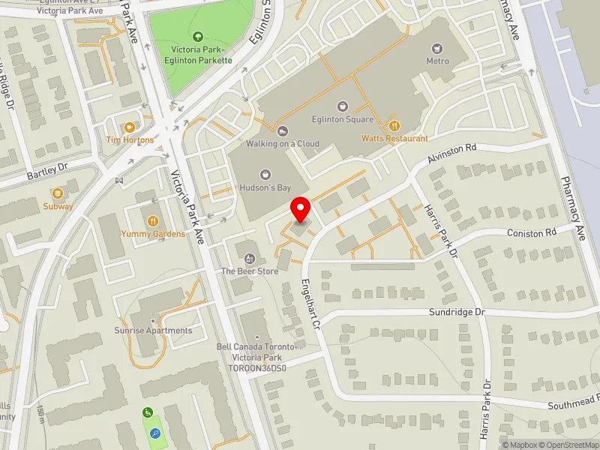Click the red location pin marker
click(x=301, y=209)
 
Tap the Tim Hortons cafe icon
click(x=130, y=127)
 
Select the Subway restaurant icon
click(x=58, y=193)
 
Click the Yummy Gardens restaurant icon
click(x=153, y=221)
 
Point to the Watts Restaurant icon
click(x=394, y=126)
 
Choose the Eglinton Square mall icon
click(x=343, y=106)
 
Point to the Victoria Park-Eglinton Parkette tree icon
click(x=198, y=36)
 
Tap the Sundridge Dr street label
click(x=457, y=311)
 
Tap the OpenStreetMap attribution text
click(x=567, y=445)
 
